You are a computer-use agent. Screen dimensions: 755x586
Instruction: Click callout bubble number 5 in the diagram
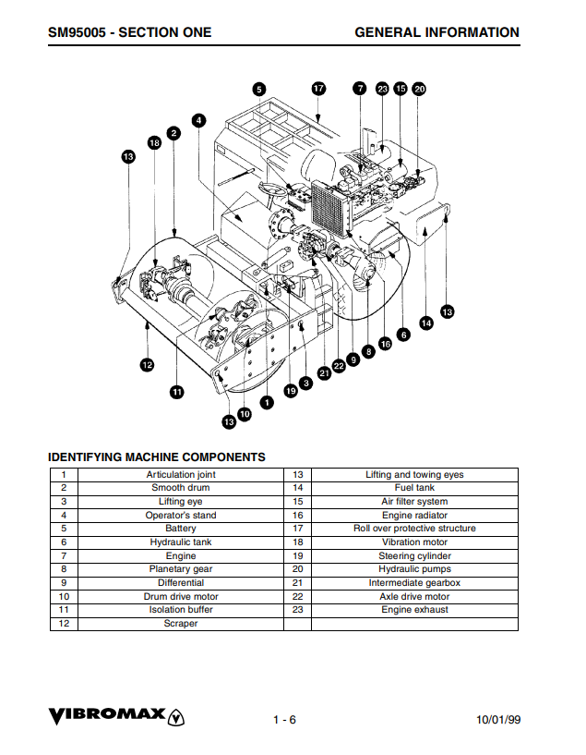point(259,89)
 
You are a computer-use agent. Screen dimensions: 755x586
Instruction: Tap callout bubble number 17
point(318,89)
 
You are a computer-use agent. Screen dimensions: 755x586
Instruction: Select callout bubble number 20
point(419,89)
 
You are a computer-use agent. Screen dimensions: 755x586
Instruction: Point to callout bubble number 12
point(147,364)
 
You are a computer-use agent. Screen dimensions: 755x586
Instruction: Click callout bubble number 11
point(176,392)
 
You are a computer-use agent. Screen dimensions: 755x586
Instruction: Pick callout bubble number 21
point(323,373)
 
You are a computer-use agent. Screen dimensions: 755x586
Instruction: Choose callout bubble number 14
point(425,323)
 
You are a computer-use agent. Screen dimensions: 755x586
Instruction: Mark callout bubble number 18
point(154,143)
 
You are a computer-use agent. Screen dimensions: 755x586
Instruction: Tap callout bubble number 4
point(199,119)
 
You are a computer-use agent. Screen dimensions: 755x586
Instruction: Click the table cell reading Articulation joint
point(181,475)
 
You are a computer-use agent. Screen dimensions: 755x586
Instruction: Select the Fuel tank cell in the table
point(414,488)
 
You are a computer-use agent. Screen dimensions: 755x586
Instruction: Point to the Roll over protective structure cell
point(414,529)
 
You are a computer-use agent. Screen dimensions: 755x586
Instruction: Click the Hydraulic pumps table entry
point(414,569)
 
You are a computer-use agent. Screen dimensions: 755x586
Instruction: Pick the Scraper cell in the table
point(181,624)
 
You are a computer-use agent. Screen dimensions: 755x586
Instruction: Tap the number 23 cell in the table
point(297,610)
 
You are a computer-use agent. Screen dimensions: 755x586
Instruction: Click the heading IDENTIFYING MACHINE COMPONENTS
point(156,457)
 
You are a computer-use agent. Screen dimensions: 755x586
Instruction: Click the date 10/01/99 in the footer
point(498,720)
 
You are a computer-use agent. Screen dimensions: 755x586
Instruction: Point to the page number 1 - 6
point(284,720)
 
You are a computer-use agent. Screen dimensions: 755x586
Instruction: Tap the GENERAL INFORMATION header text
point(437,32)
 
